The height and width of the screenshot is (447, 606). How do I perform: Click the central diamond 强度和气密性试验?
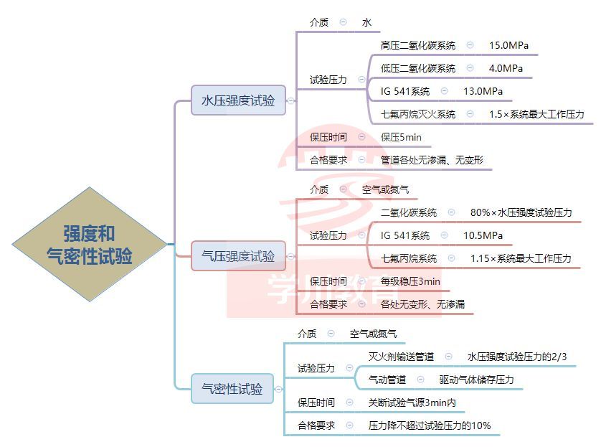[x=89, y=244]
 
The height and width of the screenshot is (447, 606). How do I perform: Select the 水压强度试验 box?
[x=238, y=100]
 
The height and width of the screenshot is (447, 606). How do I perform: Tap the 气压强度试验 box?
[x=238, y=256]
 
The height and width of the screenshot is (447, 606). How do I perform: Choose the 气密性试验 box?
[x=232, y=389]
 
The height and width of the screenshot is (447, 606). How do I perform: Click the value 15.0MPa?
[x=508, y=45]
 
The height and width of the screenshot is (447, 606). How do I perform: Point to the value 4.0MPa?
[x=506, y=68]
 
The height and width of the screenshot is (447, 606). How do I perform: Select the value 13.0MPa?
[x=483, y=91]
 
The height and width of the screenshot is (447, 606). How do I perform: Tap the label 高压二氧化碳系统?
[x=417, y=45]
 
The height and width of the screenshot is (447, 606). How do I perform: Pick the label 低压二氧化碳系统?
[x=417, y=68]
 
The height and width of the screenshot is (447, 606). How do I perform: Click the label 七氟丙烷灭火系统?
[x=417, y=114]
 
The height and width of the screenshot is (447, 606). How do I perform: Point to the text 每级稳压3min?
[x=410, y=281]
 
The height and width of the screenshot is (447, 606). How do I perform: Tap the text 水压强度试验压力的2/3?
[x=514, y=357]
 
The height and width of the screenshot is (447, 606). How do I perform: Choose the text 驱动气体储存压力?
[x=476, y=380]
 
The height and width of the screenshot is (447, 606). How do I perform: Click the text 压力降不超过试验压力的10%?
[x=430, y=425]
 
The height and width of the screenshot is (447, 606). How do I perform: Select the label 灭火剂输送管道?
[x=401, y=357]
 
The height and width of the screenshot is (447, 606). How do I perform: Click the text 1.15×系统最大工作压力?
[x=521, y=258]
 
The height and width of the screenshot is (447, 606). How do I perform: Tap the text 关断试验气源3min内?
[x=412, y=403]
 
